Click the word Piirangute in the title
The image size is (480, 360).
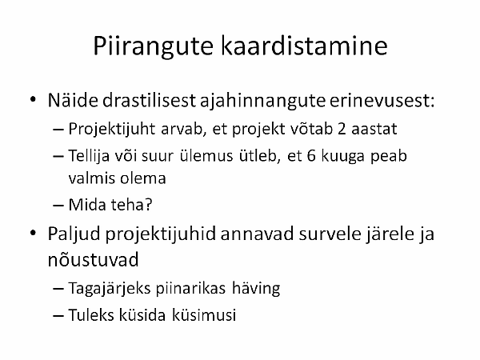(153, 46)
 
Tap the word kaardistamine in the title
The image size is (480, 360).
(304, 46)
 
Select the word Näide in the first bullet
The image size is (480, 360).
(73, 100)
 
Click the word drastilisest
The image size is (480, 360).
(149, 100)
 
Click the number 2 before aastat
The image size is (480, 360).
(342, 129)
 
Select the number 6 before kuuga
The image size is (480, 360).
(311, 156)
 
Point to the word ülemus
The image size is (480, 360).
(206, 155)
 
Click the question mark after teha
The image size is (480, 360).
(149, 205)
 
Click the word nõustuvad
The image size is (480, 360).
(94, 259)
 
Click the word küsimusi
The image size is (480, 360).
(204, 314)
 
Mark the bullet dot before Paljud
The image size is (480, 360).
(34, 233)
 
